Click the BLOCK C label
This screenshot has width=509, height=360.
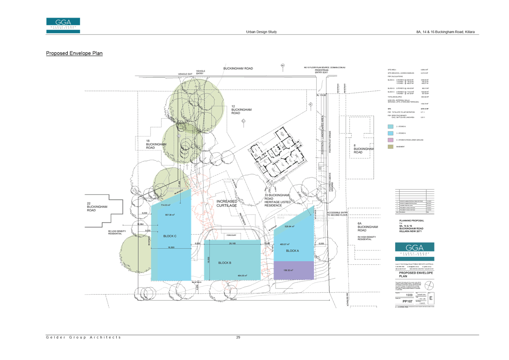click(170, 236)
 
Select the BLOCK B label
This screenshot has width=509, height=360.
click(224, 263)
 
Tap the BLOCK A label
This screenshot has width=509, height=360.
click(292, 251)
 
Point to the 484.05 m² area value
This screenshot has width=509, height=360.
click(242, 276)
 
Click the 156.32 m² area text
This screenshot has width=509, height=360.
click(288, 270)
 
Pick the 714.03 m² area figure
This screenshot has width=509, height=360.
click(165, 205)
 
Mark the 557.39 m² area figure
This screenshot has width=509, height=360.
click(170, 215)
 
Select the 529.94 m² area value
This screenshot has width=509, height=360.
click(289, 226)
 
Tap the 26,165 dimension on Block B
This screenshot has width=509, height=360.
click(232, 243)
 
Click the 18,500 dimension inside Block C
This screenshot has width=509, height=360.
click(171, 247)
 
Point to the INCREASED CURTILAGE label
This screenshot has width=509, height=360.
click(227, 203)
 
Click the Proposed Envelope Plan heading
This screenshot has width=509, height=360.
click(74, 53)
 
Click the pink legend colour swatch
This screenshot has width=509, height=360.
click(391, 140)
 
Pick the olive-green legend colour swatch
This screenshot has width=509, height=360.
click(391, 146)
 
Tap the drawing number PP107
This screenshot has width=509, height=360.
click(407, 301)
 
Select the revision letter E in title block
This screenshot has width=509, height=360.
click(431, 298)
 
